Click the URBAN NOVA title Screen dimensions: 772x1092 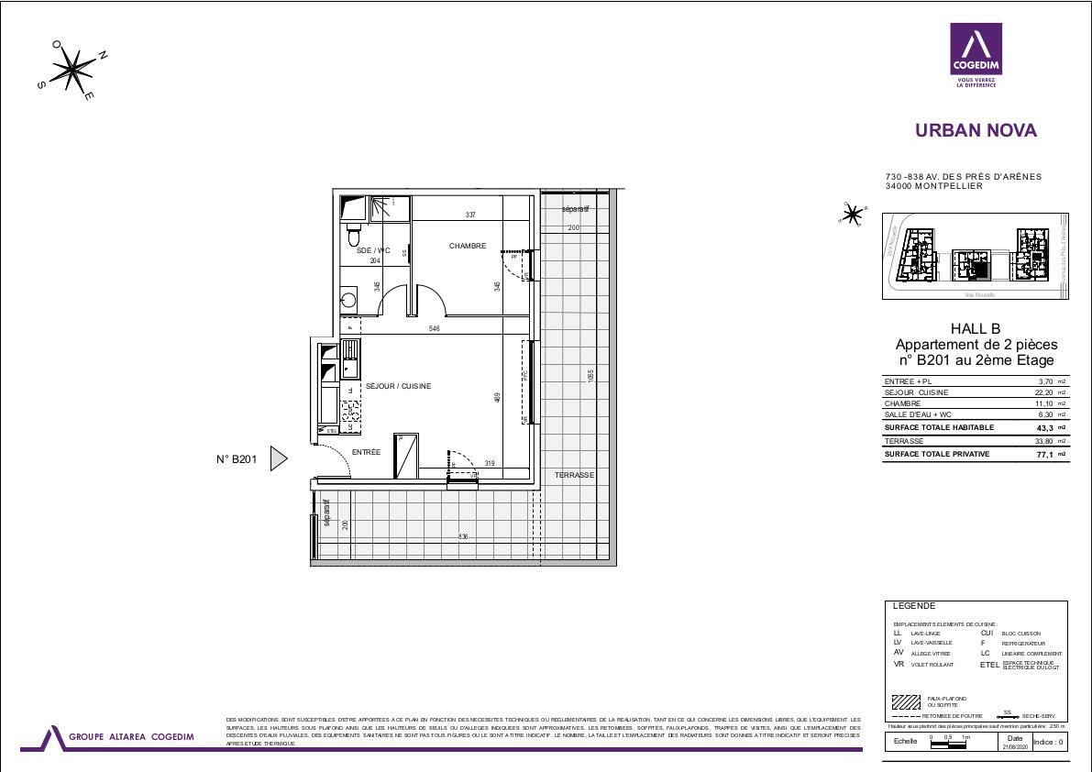click(976, 130)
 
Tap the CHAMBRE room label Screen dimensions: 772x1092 click(467, 246)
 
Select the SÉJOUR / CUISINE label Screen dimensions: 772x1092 click(398, 386)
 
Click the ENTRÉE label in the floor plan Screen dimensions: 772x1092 click(366, 452)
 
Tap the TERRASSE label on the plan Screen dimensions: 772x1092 click(574, 475)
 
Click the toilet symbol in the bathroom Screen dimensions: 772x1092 click(354, 234)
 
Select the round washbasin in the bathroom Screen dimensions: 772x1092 click(348, 299)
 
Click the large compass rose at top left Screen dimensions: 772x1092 click(72, 70)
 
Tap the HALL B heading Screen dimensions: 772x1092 click(976, 329)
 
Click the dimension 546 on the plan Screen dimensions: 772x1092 click(435, 328)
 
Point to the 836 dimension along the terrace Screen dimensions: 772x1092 click(463, 536)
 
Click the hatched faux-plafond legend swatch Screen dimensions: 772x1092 click(906, 702)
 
